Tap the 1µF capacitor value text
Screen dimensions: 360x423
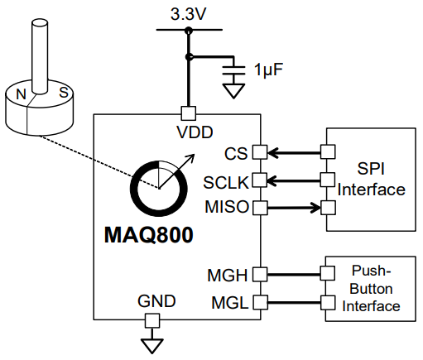click(x=270, y=69)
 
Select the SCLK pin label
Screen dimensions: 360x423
click(x=225, y=180)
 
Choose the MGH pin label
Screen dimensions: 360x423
click(x=228, y=274)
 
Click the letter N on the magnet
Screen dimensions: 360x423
click(x=22, y=96)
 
